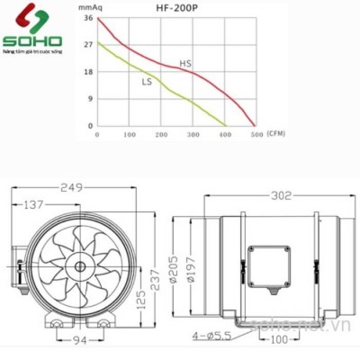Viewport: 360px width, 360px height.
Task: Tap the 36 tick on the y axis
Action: coord(87,18)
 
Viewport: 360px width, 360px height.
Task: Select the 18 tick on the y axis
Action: coord(87,72)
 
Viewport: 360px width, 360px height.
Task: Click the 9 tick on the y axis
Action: coord(89,99)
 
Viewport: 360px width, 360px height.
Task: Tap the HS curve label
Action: coord(185,64)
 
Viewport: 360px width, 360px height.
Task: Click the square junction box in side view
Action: coord(267,261)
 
